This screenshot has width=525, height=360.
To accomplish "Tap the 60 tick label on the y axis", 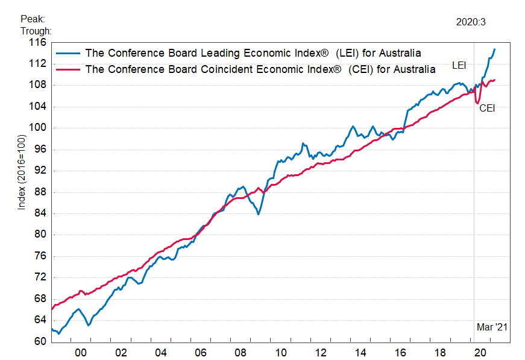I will pyautogui.click(x=40, y=341).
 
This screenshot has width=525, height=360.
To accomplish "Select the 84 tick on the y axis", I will pyautogui.click(x=40, y=213).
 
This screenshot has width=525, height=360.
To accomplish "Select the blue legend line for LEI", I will pyautogui.click(x=68, y=52).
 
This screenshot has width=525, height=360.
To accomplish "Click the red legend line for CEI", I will pyautogui.click(x=68, y=69).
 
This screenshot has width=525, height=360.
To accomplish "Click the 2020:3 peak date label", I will pyautogui.click(x=471, y=22).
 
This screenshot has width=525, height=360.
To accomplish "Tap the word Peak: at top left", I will pyautogui.click(x=33, y=19).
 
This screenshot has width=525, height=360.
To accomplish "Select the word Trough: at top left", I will pyautogui.click(x=36, y=31).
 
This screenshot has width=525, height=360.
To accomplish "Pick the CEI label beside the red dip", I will pyautogui.click(x=487, y=109).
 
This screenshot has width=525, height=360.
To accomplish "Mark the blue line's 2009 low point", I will pyautogui.click(x=258, y=214).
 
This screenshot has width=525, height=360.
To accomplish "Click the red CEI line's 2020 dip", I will pyautogui.click(x=477, y=103).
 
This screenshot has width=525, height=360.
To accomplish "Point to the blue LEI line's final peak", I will pyautogui.click(x=495, y=49).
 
